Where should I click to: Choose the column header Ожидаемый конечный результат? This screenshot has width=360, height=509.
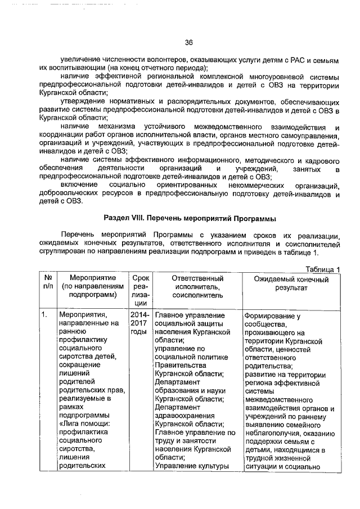coord(291,283)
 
